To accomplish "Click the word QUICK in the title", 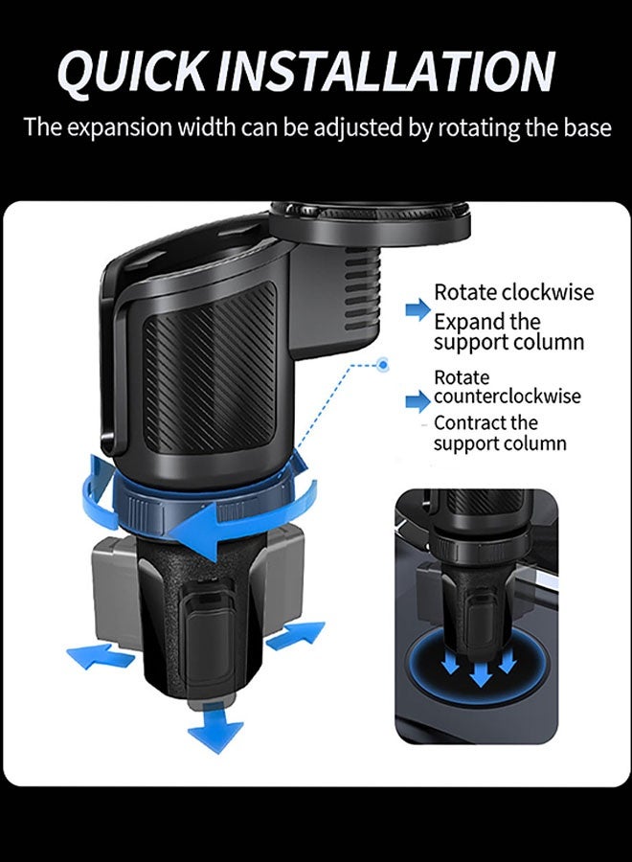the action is (131, 72).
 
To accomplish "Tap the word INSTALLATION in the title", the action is (385, 71).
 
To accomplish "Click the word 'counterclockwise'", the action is (508, 396).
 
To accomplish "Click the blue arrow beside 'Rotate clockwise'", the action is (418, 309).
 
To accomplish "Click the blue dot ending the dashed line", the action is (383, 365).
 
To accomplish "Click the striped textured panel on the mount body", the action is (211, 365).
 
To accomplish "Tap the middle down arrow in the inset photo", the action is (481, 667).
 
